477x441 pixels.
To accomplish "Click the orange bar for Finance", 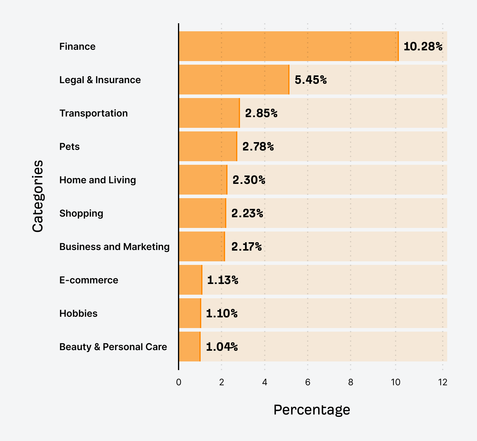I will [x=289, y=46].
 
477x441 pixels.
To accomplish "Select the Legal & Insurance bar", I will [x=234, y=80].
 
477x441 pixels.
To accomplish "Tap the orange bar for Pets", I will [x=208, y=146].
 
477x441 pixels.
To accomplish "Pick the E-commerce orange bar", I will [x=191, y=280].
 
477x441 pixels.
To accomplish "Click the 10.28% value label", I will [x=423, y=46].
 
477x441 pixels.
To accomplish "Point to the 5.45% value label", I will [x=311, y=80].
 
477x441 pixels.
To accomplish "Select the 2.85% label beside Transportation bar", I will [x=261, y=113].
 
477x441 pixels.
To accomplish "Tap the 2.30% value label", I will [x=249, y=180].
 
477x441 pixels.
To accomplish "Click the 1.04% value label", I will [x=222, y=347].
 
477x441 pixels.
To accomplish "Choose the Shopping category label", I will [x=81, y=213].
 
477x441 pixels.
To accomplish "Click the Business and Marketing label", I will [x=114, y=247].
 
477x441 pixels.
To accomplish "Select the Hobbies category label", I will [x=78, y=313].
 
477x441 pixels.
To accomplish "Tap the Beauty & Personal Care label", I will [x=113, y=347].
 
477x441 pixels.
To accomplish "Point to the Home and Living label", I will [x=97, y=180].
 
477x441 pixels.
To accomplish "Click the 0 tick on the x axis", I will [x=179, y=382].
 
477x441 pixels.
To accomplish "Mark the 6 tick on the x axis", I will [x=307, y=382].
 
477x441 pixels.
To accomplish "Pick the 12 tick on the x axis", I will [x=443, y=382].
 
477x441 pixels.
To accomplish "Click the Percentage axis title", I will [x=312, y=410].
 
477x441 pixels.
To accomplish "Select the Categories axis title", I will [x=38, y=196].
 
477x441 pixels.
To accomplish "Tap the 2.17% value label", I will [x=246, y=247].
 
